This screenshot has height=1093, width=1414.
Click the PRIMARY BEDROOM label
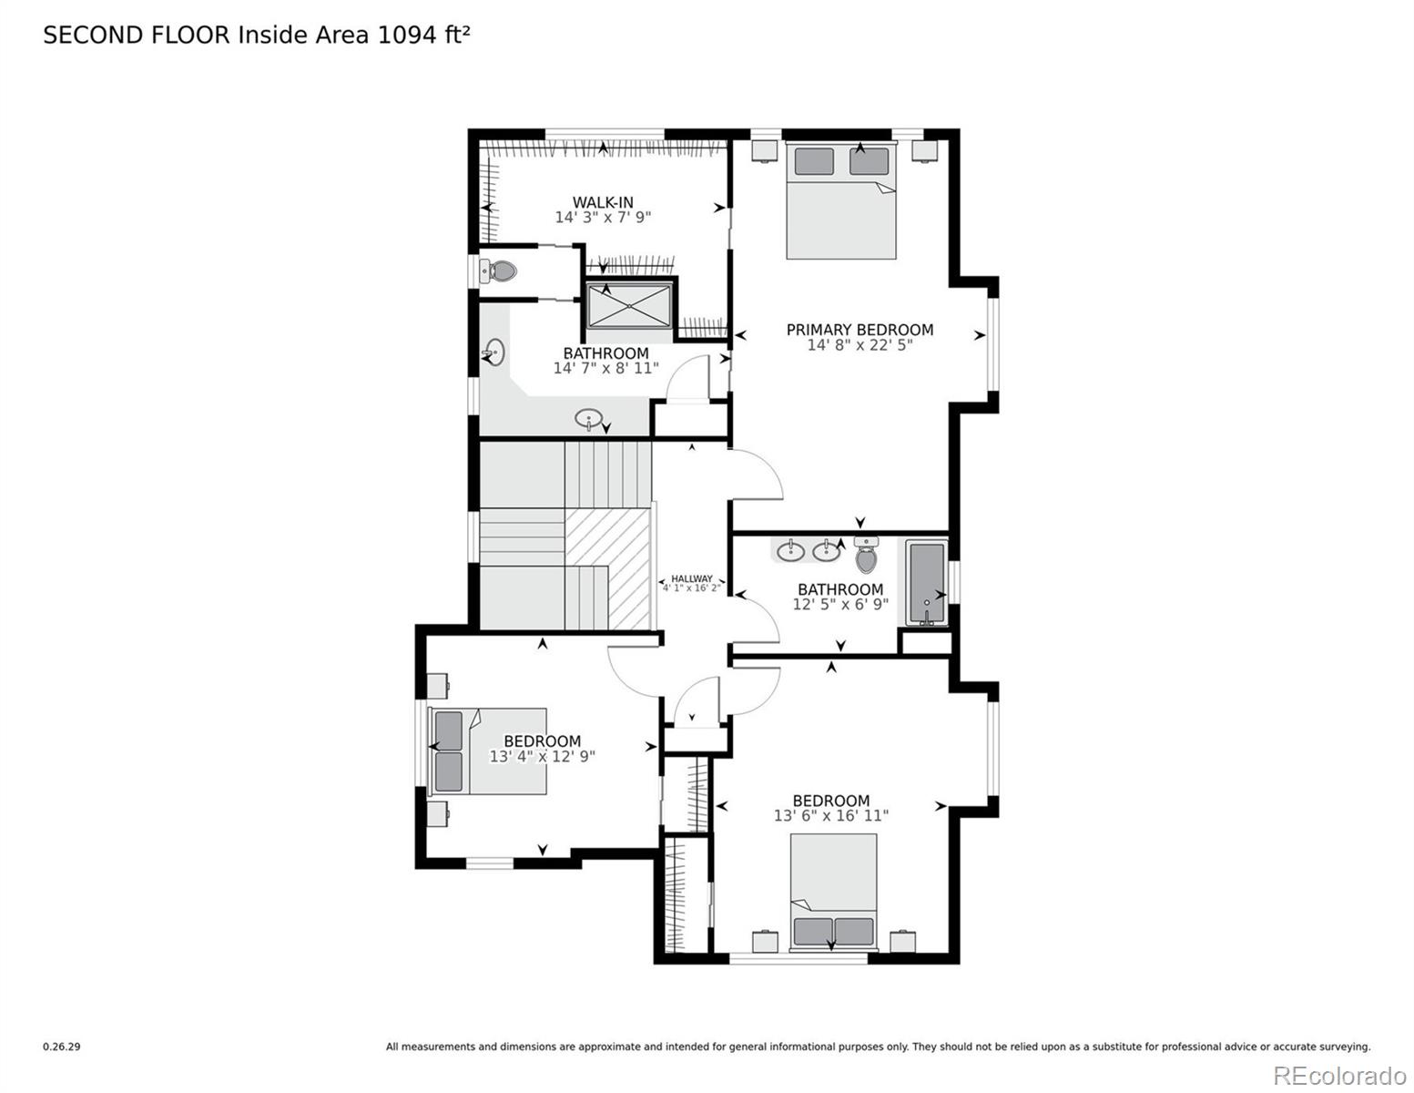pyautogui.click(x=860, y=330)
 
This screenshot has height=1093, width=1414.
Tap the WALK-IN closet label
pyautogui.click(x=603, y=202)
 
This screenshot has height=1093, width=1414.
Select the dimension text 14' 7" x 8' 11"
pyautogui.click(x=605, y=369)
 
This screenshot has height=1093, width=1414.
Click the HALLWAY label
pyautogui.click(x=692, y=578)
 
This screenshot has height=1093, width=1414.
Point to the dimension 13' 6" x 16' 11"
pyautogui.click(x=830, y=816)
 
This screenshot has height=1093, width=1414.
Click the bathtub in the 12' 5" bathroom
pyautogui.click(x=927, y=583)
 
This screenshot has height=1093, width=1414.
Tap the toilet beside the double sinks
pyautogui.click(x=866, y=555)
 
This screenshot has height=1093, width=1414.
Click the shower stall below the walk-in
pyautogui.click(x=630, y=304)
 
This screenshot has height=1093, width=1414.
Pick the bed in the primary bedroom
pyautogui.click(x=840, y=202)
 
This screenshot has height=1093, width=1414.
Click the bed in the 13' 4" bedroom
pyautogui.click(x=489, y=751)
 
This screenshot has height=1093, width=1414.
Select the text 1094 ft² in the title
pyautogui.click(x=424, y=35)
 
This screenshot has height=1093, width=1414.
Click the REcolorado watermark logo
pyautogui.click(x=1338, y=1076)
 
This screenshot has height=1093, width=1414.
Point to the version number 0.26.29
pyautogui.click(x=62, y=1047)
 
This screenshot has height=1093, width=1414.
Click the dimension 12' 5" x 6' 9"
pyautogui.click(x=840, y=604)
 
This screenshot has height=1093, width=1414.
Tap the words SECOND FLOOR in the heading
pyautogui.click(x=137, y=35)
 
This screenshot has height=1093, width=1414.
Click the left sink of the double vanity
pyautogui.click(x=790, y=550)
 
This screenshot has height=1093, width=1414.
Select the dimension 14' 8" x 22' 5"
pyautogui.click(x=860, y=345)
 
